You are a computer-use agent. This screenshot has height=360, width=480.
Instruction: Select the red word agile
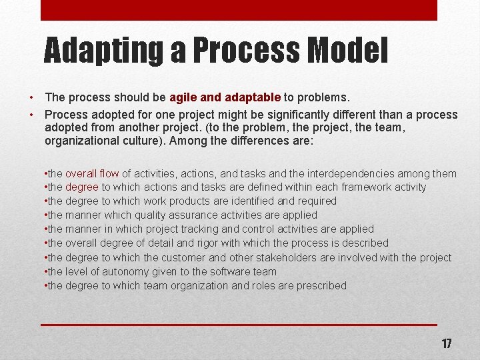[183, 97]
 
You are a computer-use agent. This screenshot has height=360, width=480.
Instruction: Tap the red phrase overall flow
[92, 173]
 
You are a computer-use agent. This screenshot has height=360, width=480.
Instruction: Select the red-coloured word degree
[82, 187]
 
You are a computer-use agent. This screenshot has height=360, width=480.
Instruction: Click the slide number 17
[446, 344]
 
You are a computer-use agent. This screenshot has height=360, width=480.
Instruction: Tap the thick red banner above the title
[239, 10]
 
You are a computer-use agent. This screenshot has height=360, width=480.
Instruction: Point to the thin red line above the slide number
[239, 325]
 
